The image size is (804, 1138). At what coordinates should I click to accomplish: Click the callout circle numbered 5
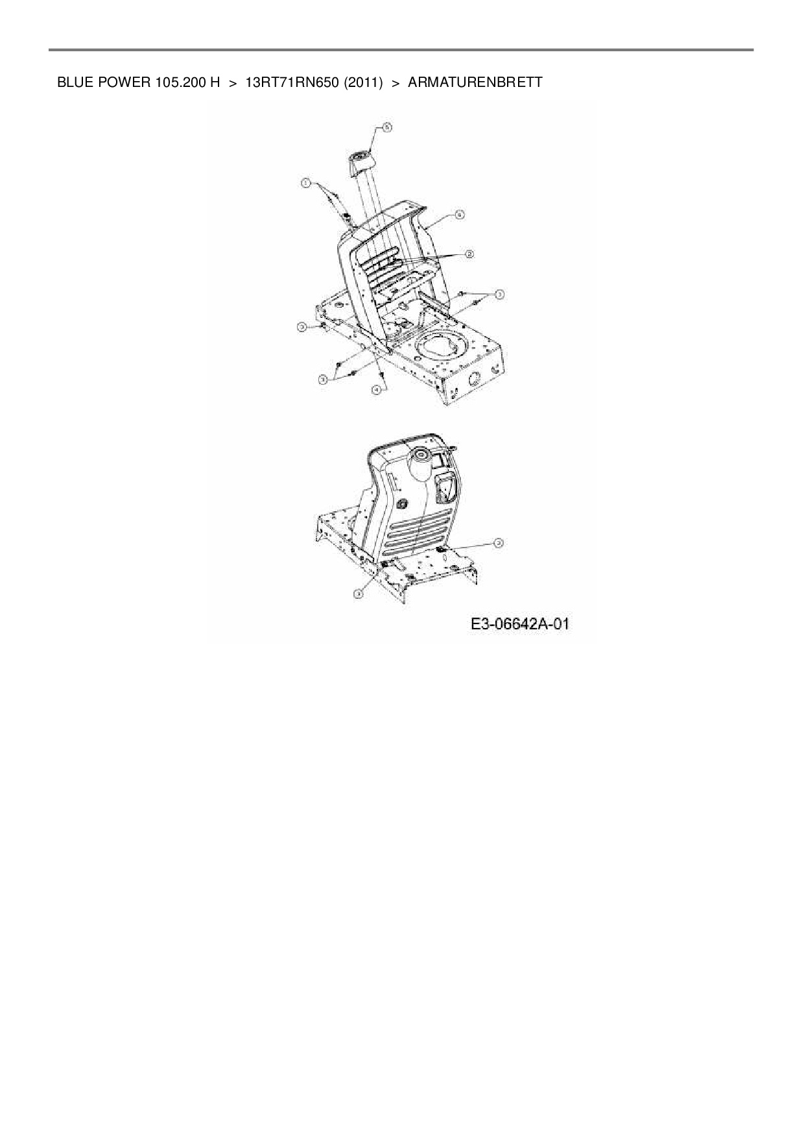point(387,128)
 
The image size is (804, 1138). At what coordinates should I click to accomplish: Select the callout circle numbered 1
point(305,184)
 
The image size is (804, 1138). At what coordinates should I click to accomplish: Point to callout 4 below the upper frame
point(376,389)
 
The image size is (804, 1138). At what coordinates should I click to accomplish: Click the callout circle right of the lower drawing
point(499,542)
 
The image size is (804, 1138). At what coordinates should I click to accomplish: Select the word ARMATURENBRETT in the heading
point(475,82)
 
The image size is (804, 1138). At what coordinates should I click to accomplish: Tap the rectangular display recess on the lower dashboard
point(445,487)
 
